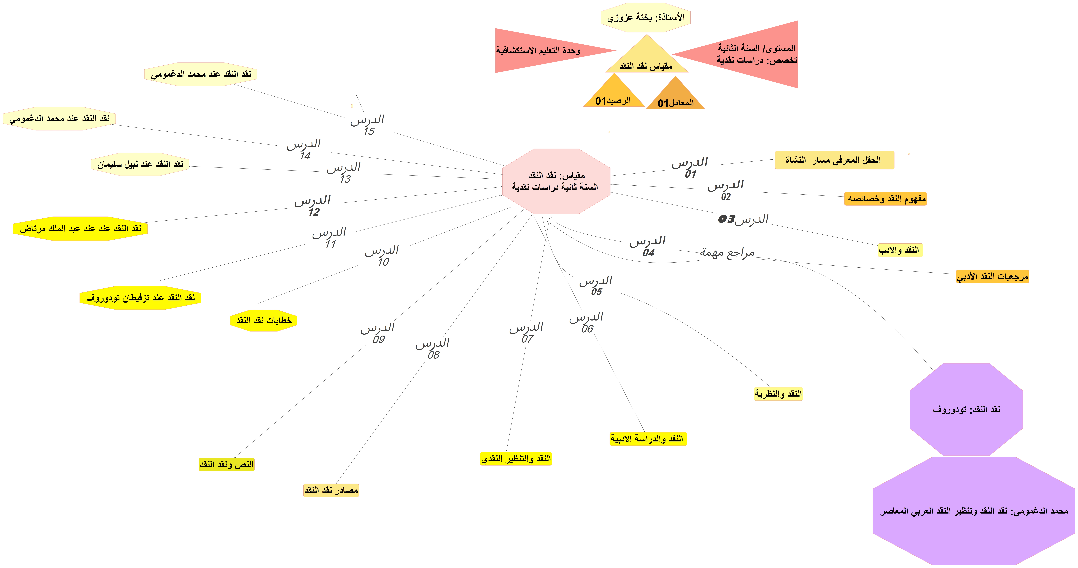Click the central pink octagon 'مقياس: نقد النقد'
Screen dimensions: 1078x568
click(556, 181)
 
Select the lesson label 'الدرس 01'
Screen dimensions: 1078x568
click(690, 167)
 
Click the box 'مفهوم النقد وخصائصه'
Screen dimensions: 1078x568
click(886, 199)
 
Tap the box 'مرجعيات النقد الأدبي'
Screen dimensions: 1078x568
click(992, 276)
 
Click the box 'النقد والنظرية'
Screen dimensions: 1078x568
click(778, 394)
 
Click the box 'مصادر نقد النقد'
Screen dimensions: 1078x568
click(331, 490)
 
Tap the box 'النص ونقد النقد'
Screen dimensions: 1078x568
click(226, 464)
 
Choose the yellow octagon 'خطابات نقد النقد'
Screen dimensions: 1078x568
click(264, 320)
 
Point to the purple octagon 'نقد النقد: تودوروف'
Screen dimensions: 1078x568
click(966, 409)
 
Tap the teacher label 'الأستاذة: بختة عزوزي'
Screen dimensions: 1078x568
click(646, 18)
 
